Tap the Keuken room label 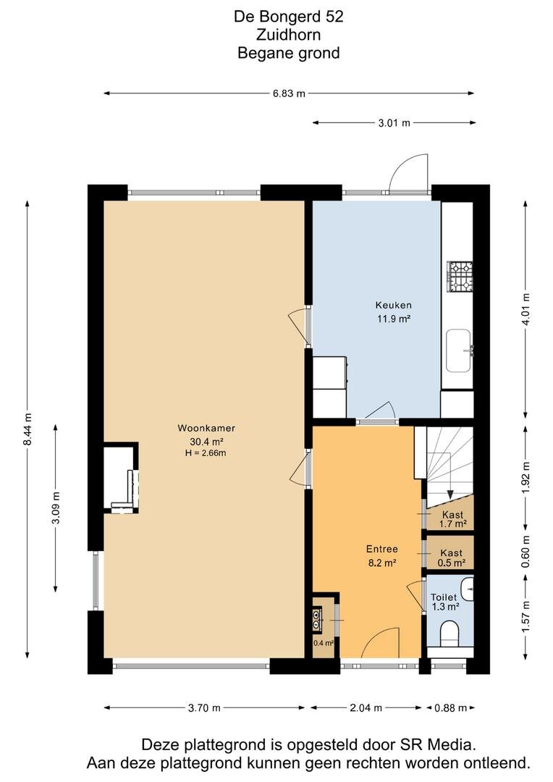tap(394, 306)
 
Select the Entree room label tap(382, 549)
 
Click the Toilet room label tap(444, 597)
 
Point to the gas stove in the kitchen tap(460, 277)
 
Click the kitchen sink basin tap(458, 350)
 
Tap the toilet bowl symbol tap(449, 632)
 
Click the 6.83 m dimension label tap(289, 93)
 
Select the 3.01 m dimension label tap(394, 122)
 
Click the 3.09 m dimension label tap(56, 508)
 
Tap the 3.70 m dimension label tap(204, 707)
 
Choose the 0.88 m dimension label tap(451, 707)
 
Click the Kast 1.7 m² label tap(453, 519)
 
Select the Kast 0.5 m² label tap(452, 558)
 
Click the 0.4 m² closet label tap(323, 643)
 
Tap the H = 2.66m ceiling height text tap(206, 453)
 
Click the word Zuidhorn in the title tap(289, 35)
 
